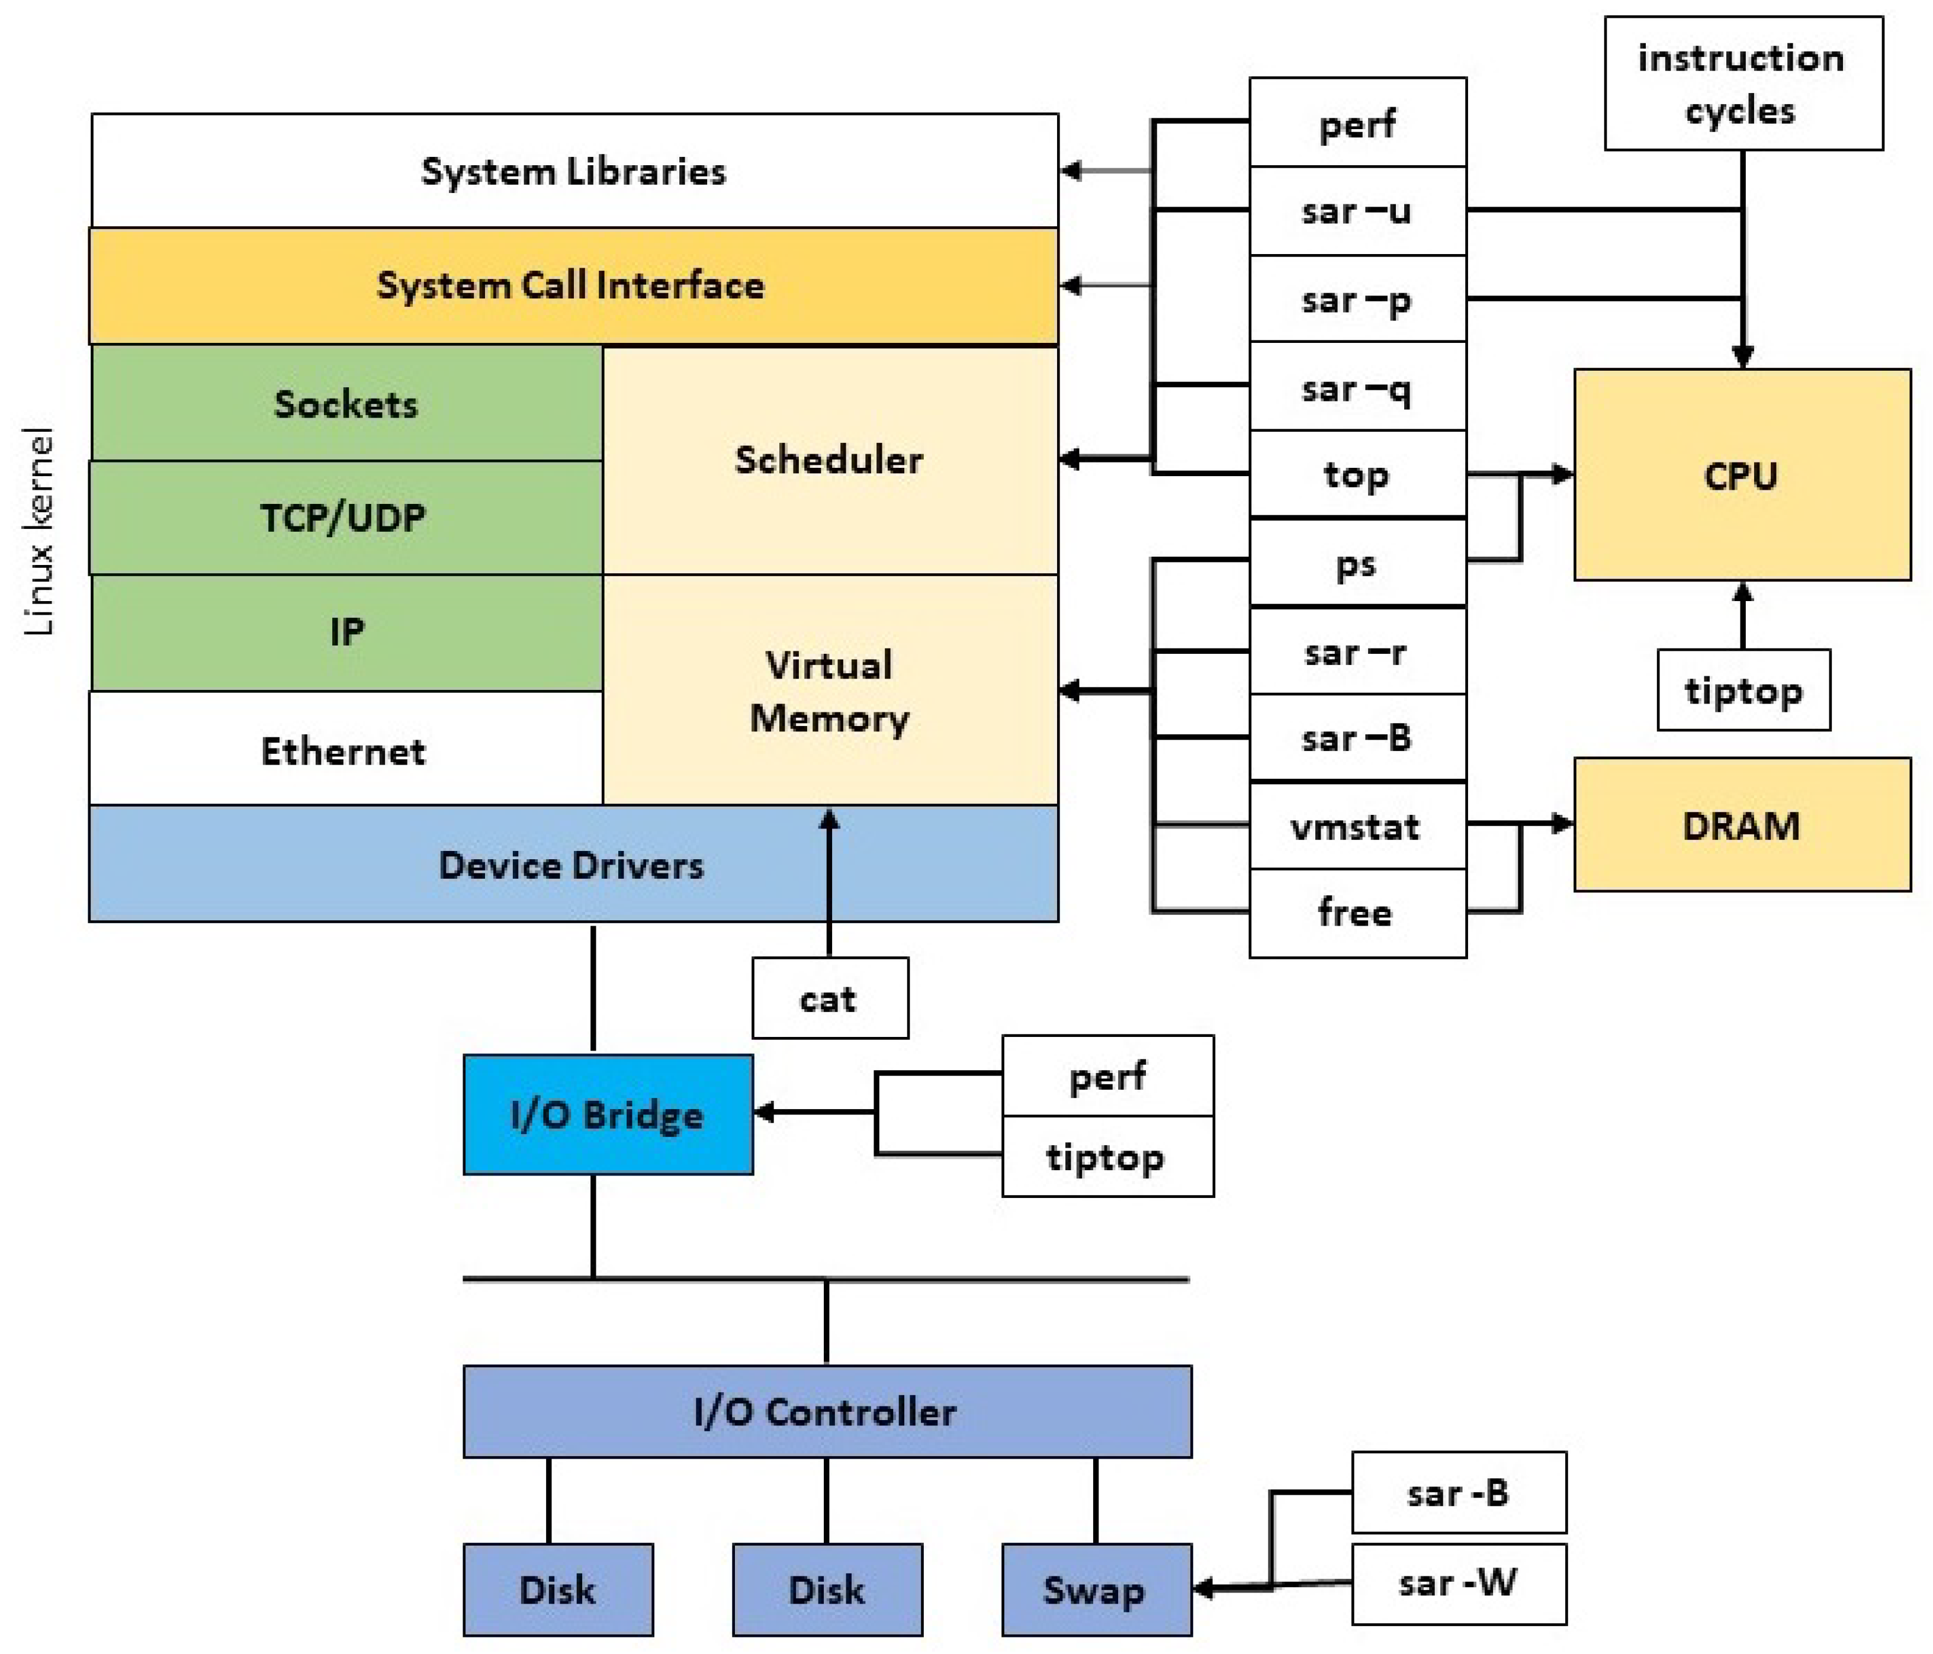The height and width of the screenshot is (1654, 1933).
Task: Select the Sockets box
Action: click(x=346, y=404)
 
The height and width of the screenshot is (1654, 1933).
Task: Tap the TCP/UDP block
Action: click(x=344, y=518)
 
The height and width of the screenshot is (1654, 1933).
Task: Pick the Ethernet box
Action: click(x=344, y=750)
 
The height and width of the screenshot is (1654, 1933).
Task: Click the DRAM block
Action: click(x=1741, y=825)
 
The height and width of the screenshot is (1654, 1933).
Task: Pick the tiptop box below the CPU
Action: click(x=1743, y=690)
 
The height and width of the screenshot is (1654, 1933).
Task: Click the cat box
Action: click(x=829, y=998)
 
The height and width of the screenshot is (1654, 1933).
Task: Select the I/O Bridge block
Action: click(x=608, y=1114)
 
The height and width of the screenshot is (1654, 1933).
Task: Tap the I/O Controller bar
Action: click(x=827, y=1411)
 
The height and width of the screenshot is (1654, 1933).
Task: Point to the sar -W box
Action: click(x=1458, y=1583)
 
